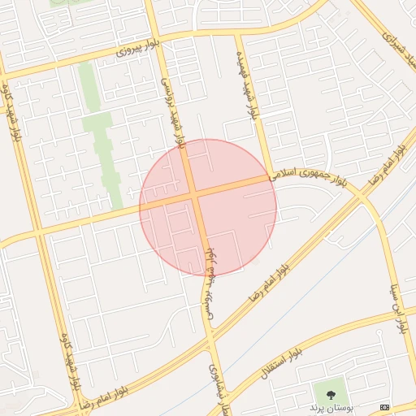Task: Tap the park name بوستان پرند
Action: [327, 405]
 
